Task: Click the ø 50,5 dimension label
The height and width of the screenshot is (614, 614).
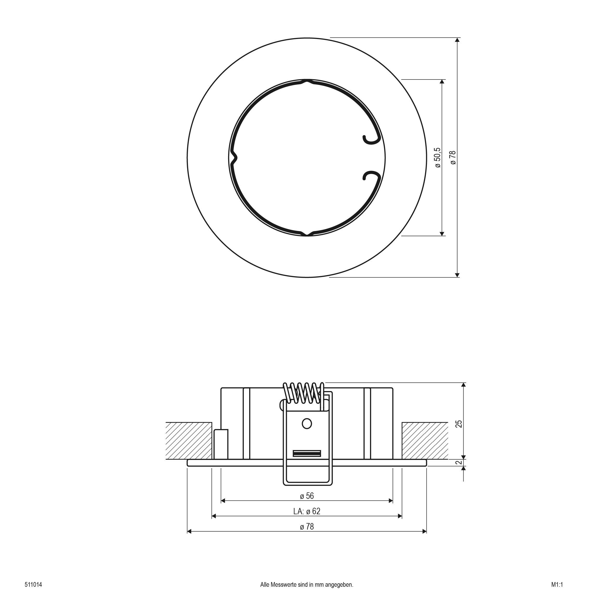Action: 438,158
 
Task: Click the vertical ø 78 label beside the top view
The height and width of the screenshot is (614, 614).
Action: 453,158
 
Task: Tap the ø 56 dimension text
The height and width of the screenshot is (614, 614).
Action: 307,496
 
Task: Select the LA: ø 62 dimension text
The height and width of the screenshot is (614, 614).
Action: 307,511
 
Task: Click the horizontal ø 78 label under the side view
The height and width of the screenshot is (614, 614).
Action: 307,527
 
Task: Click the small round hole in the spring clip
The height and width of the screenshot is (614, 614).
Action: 307,424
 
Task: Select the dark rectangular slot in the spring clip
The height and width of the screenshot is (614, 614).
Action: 307,453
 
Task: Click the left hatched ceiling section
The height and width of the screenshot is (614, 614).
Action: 189,441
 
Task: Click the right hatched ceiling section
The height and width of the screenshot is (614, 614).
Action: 425,441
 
